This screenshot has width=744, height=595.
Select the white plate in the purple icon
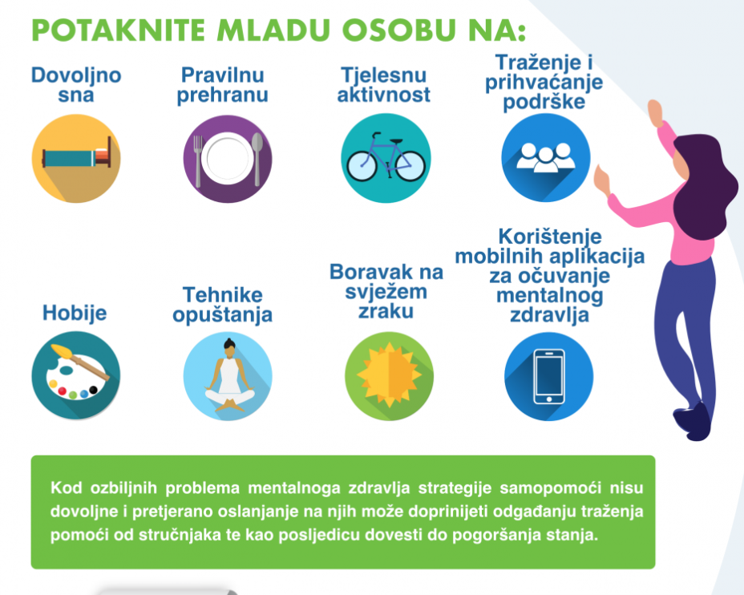[x=227, y=159]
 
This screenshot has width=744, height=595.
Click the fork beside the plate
[x=198, y=160]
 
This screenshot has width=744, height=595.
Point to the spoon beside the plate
[x=257, y=159]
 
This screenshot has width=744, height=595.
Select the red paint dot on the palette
[x=62, y=391]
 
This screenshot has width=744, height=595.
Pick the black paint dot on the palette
[x=93, y=390]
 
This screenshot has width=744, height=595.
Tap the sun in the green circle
[x=389, y=374]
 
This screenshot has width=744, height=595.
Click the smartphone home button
[x=549, y=399]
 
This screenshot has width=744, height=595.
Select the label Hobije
[x=75, y=314]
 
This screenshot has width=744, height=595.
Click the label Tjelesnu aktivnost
[x=384, y=85]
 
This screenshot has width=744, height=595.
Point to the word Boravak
[x=371, y=272]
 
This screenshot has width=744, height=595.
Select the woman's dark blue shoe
[x=693, y=421]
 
